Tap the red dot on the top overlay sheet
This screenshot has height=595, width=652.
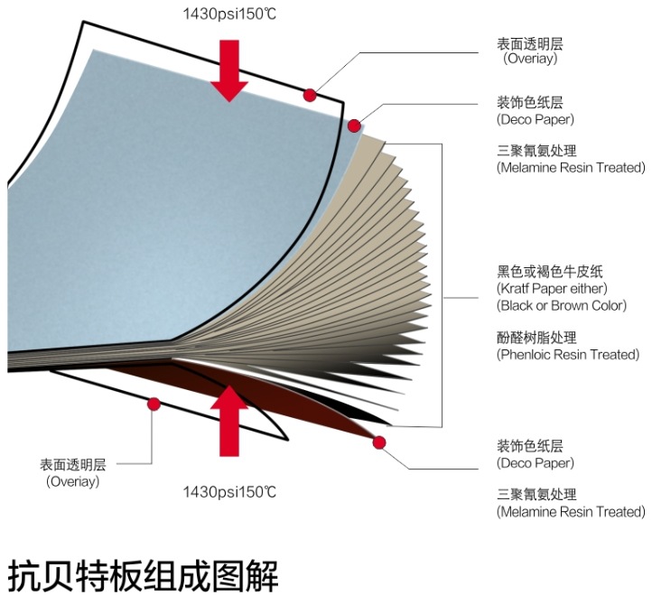point(310,94)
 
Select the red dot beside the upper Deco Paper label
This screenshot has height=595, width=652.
point(356,125)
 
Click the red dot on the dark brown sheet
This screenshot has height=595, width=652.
point(378,442)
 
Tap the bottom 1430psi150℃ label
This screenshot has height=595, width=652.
point(228,491)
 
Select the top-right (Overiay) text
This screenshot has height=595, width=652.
point(530,59)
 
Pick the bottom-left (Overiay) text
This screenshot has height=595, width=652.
point(73,481)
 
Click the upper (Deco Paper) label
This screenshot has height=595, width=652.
point(536,118)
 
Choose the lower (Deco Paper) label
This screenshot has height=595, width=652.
point(536,463)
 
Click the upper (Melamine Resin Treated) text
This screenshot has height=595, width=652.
point(571,167)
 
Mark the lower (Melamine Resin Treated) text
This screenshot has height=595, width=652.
point(571,512)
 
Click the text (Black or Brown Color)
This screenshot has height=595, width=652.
point(561,305)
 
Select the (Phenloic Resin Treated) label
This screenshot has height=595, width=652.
point(567,355)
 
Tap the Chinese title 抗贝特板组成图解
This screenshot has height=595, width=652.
point(144,572)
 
